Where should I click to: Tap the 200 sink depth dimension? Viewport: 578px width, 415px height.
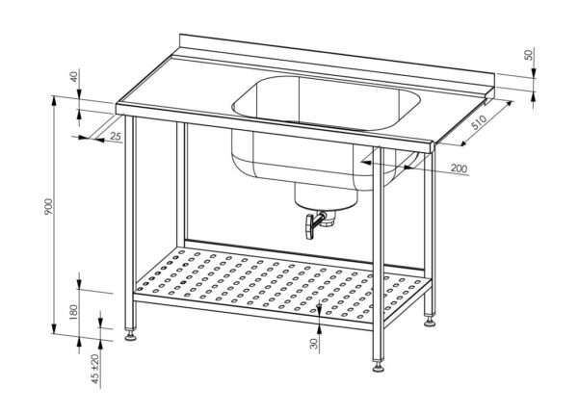(459, 169)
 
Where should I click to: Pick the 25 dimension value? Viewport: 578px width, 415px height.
(115, 138)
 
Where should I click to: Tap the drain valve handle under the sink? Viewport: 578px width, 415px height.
(311, 226)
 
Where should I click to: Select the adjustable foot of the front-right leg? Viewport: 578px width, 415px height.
(377, 367)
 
